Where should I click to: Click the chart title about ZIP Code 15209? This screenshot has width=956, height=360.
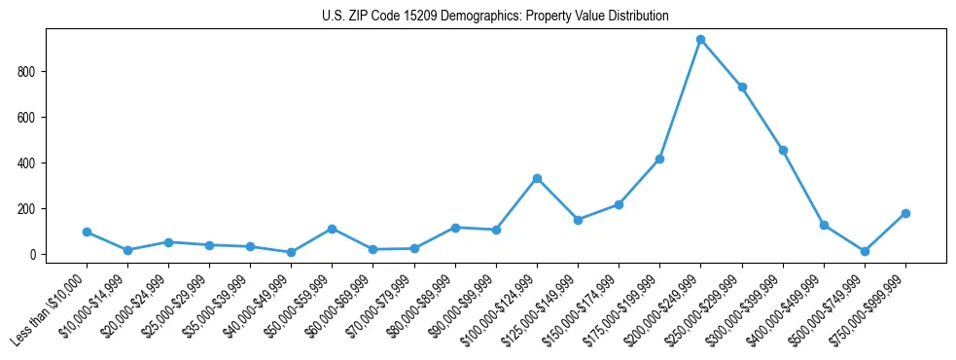[495, 17]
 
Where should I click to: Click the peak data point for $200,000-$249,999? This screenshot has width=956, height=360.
[700, 40]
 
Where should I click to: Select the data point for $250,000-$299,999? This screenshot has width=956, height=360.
[742, 87]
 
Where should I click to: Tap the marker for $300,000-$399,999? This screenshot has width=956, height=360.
[783, 150]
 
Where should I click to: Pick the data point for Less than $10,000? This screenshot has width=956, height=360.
[87, 232]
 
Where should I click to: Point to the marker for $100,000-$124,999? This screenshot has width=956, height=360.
[537, 178]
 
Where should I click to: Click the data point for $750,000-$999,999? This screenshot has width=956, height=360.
[905, 213]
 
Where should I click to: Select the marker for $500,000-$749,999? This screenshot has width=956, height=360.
[865, 251]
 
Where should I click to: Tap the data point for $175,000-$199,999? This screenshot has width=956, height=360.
[659, 159]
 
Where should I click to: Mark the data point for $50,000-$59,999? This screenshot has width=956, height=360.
[333, 229]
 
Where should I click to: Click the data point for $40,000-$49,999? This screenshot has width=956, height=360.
[291, 252]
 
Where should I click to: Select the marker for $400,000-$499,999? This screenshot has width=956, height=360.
[824, 225]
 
